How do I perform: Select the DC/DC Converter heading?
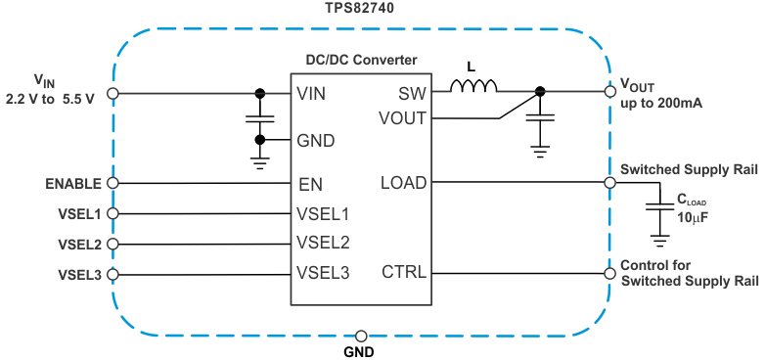[x=362, y=60]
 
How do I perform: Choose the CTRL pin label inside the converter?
[x=405, y=272]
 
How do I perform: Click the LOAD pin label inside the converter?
[x=403, y=182]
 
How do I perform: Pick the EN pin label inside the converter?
[x=310, y=183]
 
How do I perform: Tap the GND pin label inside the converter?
[x=316, y=140]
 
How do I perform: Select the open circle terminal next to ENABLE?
[x=112, y=183]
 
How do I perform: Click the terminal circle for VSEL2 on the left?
[x=112, y=244]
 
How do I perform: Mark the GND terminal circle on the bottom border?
[x=362, y=335]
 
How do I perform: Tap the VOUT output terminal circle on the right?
[x=608, y=93]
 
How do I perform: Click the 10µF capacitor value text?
[x=693, y=216]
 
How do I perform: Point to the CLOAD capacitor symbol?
[x=660, y=208]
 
